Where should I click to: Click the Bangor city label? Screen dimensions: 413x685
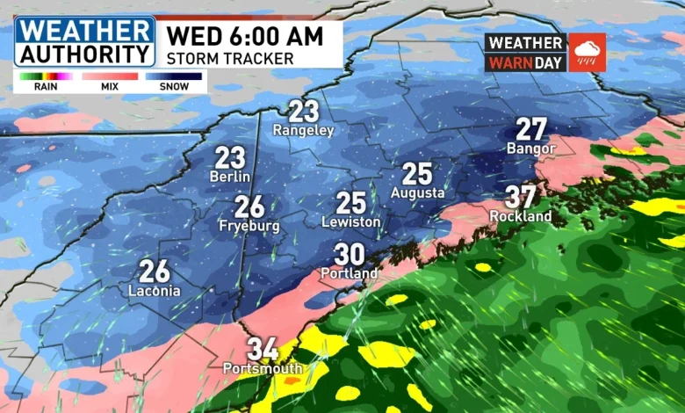(x=531, y=149)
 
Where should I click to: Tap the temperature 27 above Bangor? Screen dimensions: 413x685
(x=531, y=129)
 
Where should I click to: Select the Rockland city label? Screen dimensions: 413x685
(x=521, y=215)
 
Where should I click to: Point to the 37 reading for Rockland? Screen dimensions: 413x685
(x=521, y=196)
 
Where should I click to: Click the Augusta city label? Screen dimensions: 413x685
(x=418, y=192)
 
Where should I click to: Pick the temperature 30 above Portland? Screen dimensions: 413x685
(x=350, y=255)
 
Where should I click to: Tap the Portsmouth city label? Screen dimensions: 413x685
(x=263, y=368)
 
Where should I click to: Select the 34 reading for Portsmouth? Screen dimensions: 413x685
(x=263, y=349)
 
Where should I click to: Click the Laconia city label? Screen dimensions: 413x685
(x=155, y=290)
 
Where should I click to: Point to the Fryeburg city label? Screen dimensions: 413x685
(x=249, y=226)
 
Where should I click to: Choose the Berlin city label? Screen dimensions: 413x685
(x=230, y=176)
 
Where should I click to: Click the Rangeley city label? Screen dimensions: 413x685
(x=304, y=130)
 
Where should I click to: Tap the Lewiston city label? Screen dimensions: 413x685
(x=351, y=221)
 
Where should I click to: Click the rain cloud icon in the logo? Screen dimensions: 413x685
(x=587, y=52)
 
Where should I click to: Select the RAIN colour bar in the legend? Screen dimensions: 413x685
(x=46, y=76)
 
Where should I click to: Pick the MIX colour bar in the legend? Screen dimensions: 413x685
(x=110, y=76)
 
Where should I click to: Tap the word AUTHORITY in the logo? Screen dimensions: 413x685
(x=84, y=53)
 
